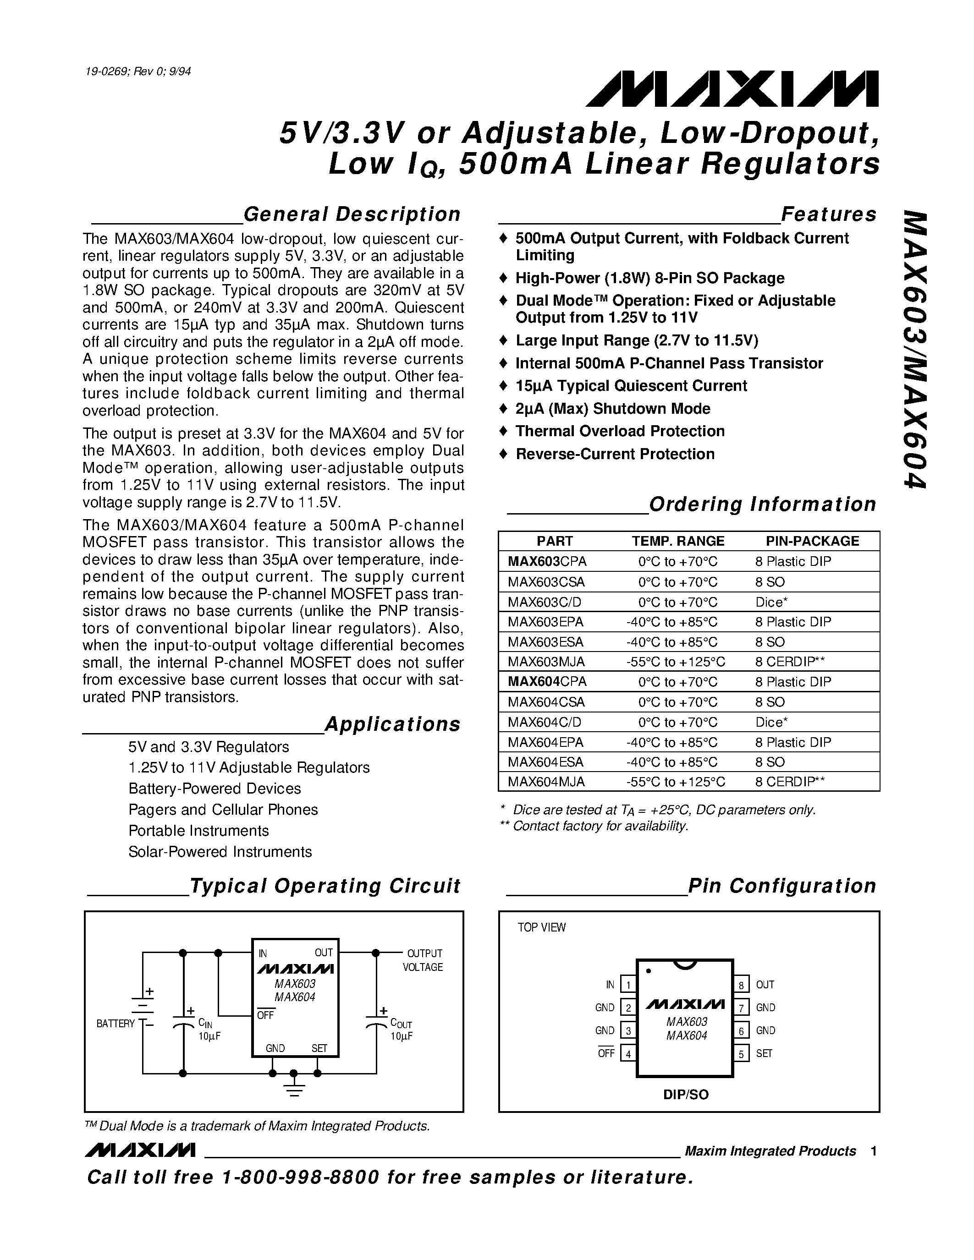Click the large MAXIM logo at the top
click(732, 89)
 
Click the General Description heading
click(352, 214)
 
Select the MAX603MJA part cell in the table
click(546, 662)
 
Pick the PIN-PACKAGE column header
click(812, 541)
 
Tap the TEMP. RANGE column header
click(677, 541)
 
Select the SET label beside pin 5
click(764, 1053)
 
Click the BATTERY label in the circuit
click(116, 1024)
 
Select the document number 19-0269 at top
click(138, 71)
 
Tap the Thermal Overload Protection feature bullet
click(620, 432)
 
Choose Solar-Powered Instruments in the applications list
click(220, 852)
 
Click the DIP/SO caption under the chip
click(686, 1095)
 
